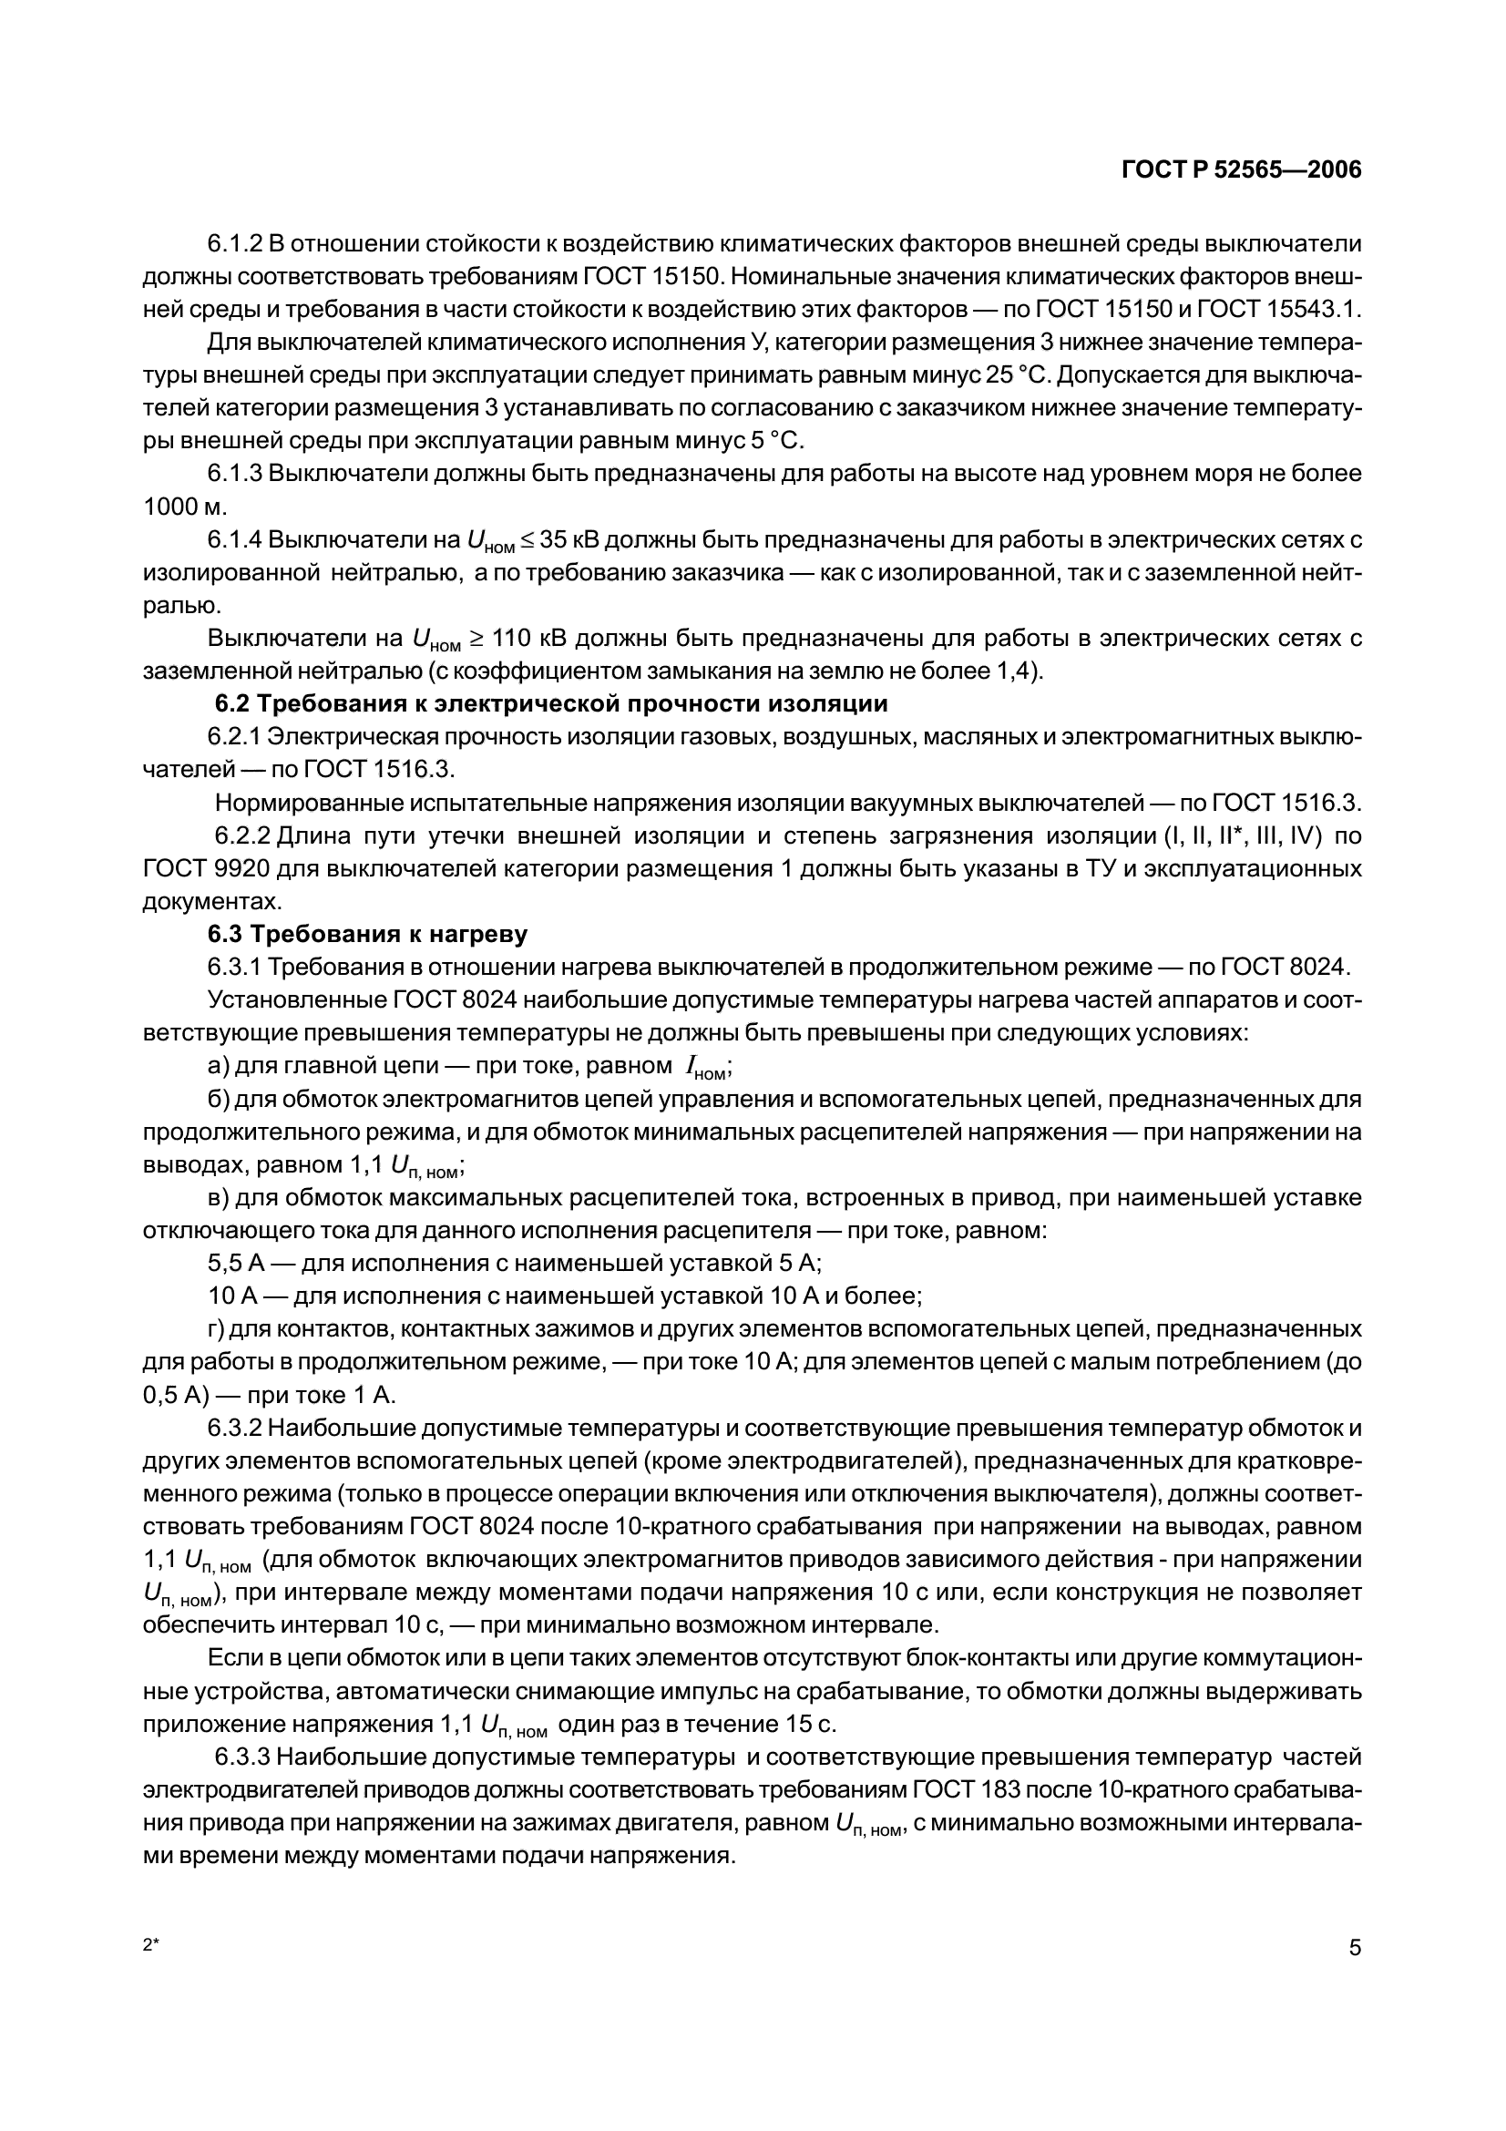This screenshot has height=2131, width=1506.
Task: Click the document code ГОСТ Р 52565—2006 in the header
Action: (1242, 170)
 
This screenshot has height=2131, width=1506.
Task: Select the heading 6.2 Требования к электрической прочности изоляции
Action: (551, 703)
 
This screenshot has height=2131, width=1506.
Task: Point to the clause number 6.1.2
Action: (235, 244)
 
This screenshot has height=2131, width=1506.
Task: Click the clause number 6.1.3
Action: (235, 474)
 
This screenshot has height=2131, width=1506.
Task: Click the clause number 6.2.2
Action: (242, 836)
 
